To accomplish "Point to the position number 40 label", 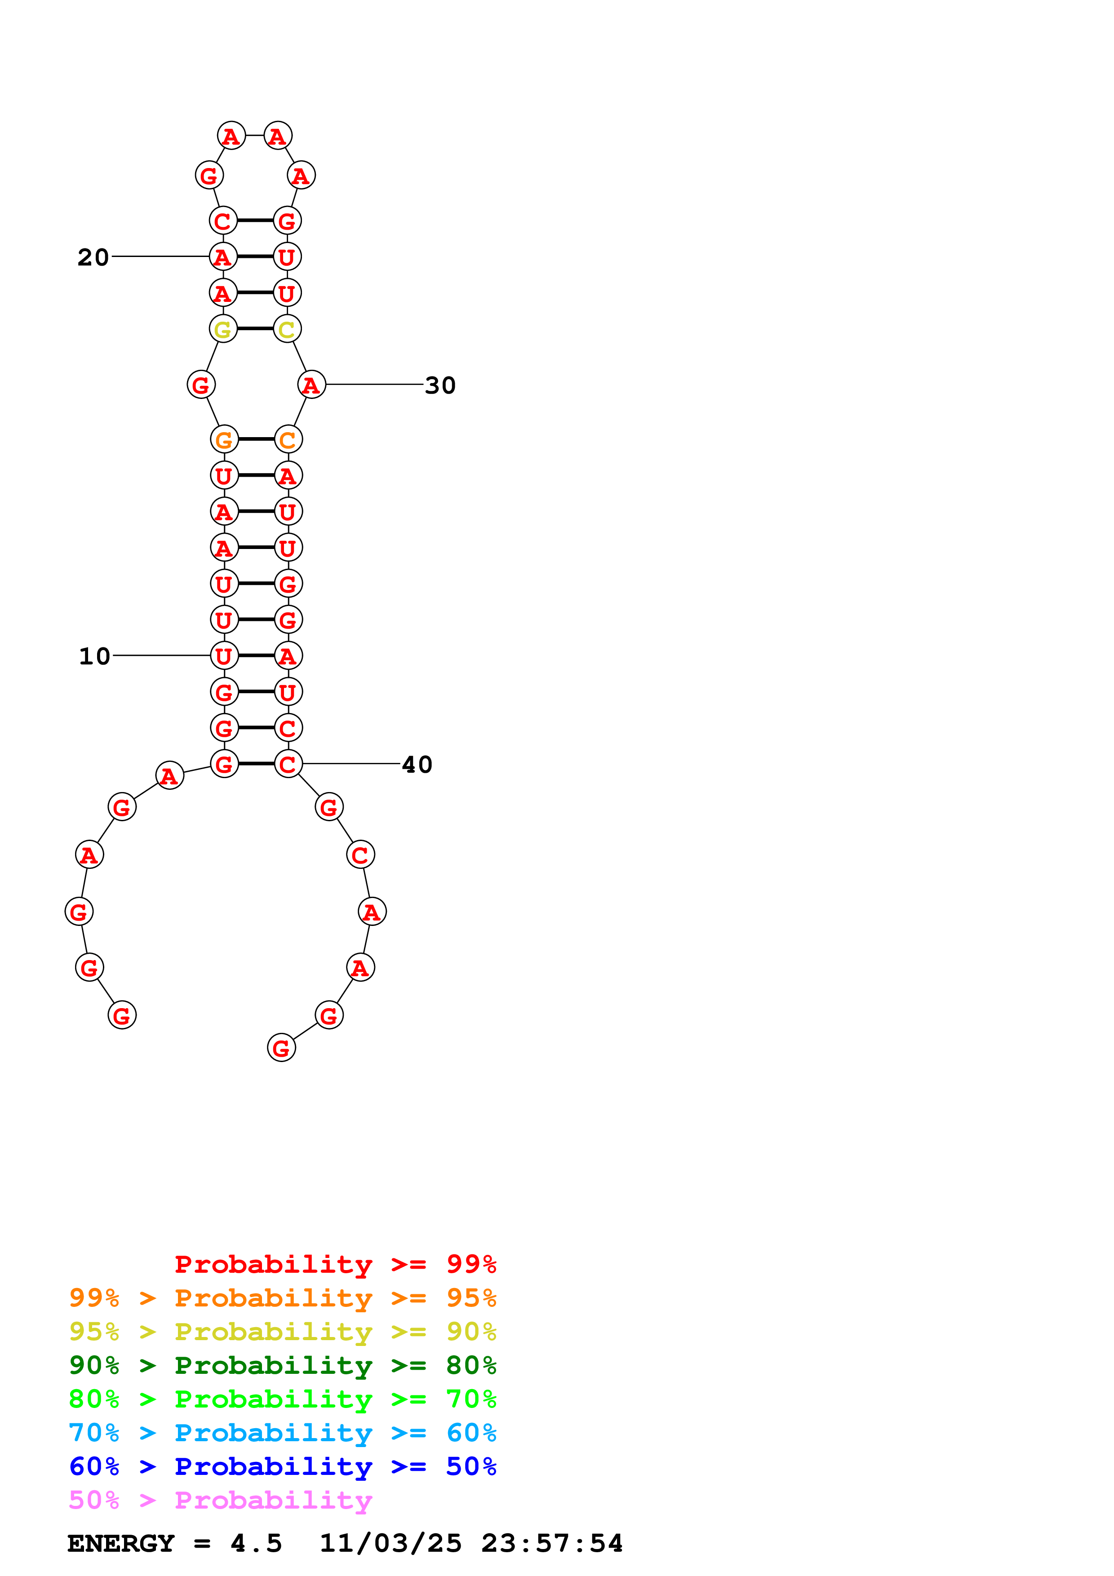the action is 417,765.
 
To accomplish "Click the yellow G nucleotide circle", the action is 223,329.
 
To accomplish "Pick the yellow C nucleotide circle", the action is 287,329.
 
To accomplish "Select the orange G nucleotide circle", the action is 224,439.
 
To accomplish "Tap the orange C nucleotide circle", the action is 288,439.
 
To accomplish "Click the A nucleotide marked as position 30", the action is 311,385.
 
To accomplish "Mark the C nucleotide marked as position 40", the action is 288,764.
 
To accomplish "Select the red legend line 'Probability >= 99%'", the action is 335,1264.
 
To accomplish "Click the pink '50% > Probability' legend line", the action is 220,1501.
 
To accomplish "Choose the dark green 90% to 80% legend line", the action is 282,1365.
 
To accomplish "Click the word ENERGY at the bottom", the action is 121,1544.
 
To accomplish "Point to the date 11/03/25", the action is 391,1544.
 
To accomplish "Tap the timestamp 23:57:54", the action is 552,1544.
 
